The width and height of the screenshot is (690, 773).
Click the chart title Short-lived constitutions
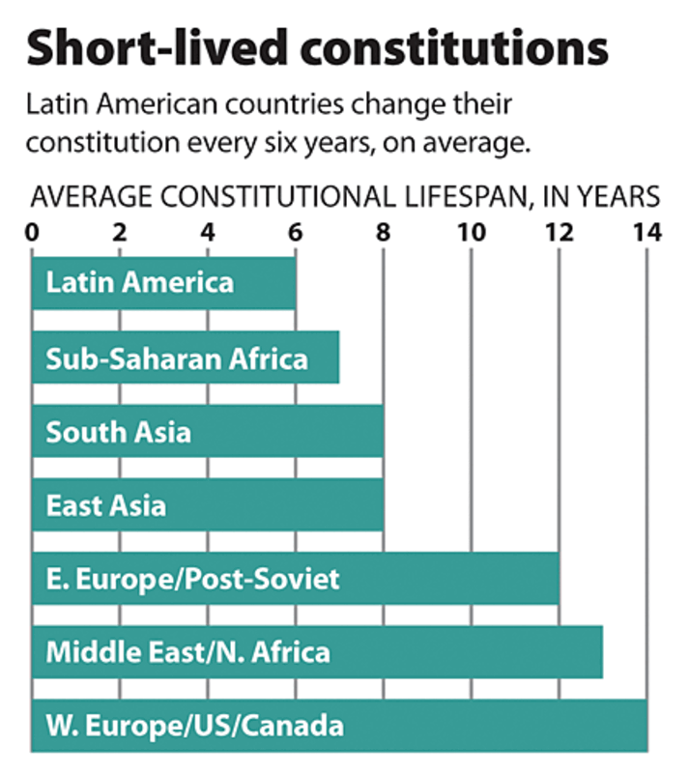317,48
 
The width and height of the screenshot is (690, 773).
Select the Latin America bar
163,282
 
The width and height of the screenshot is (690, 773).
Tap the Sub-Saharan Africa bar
185,358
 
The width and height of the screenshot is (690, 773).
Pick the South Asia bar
207,431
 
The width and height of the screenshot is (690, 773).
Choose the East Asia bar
207,504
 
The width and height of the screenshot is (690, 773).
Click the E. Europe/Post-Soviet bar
295,578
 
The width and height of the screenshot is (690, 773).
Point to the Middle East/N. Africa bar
317,651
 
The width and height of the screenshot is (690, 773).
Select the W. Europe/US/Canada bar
339,725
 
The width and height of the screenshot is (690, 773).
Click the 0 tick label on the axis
32,234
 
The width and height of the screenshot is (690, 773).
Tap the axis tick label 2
120,234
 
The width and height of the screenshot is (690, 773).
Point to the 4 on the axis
208,234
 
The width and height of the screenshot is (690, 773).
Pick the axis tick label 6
296,234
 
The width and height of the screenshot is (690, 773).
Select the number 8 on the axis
384,234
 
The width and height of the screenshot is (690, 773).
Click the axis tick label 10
471,234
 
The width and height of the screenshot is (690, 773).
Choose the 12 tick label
559,234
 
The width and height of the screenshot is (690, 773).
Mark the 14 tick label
647,234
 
